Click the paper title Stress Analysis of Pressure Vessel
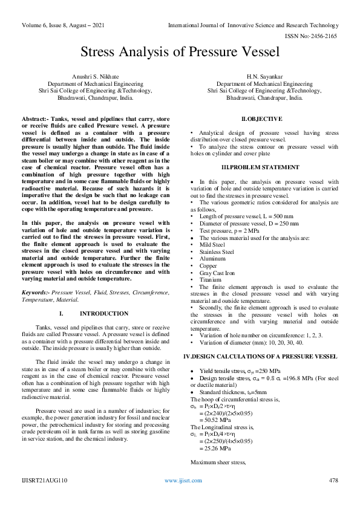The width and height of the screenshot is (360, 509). point(180,52)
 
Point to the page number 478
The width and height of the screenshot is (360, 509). point(333,497)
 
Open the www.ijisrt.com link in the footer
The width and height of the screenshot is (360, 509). point(179,497)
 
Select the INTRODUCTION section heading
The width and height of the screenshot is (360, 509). point(100,314)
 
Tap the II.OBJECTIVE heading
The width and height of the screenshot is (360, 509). point(261,120)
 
